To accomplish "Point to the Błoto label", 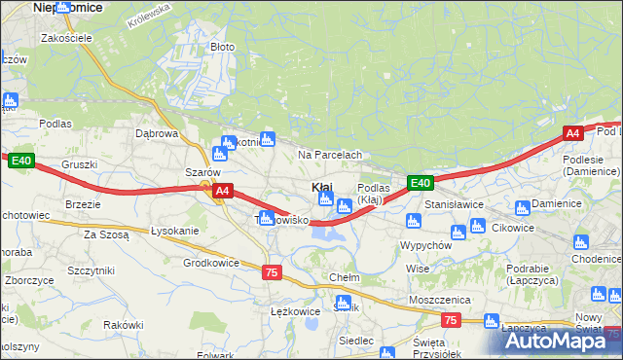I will (223, 47).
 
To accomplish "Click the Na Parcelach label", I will (330, 155).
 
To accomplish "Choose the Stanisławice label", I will (456, 206).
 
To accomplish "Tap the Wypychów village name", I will (425, 246).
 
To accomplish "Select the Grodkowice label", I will (211, 263).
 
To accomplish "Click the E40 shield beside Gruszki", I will (21, 161).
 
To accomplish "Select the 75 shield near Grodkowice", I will (272, 273).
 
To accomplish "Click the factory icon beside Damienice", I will (523, 206).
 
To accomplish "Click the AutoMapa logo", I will (554, 341).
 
